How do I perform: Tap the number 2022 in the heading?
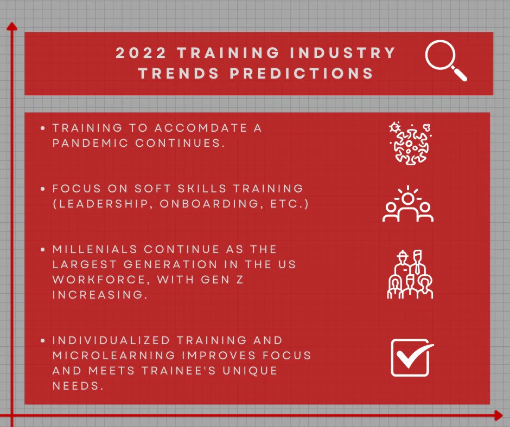point(141,53)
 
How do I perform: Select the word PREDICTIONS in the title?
point(302,74)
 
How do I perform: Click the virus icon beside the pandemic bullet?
point(410,144)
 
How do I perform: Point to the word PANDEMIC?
point(91,143)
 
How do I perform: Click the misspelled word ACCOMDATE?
point(200,128)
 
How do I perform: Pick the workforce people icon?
point(410,274)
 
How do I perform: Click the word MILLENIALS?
point(95,249)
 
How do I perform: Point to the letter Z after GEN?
point(240,280)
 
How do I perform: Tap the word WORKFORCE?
point(99,280)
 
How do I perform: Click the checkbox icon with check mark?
point(412,358)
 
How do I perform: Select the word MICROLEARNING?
point(114,355)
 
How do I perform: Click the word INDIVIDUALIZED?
point(111,340)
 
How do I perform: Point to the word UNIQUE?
point(250,371)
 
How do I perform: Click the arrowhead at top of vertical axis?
point(12,27)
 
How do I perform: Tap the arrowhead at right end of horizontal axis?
point(498,415)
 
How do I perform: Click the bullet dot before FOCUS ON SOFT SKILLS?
point(43,189)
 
